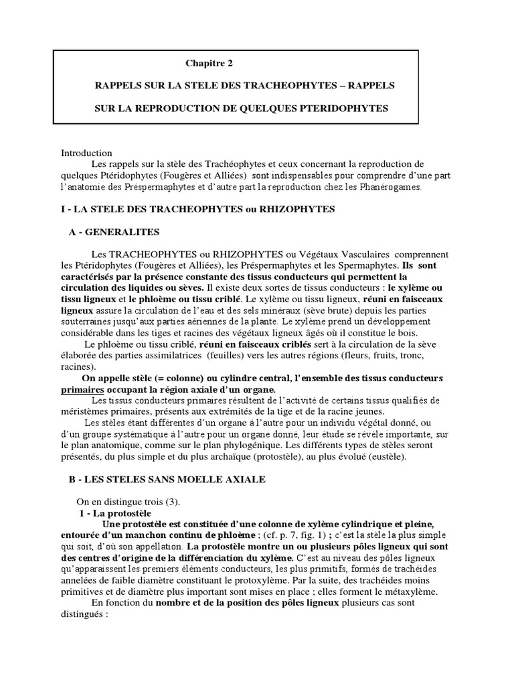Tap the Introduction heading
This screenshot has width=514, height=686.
[87, 153]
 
